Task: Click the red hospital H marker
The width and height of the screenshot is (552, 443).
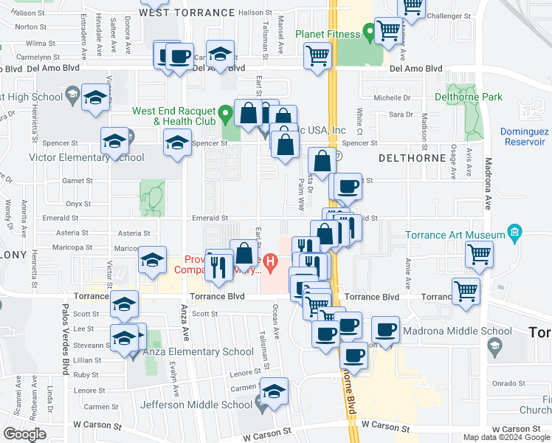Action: [x=271, y=261]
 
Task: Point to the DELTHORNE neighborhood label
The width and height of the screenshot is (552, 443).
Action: [x=410, y=158]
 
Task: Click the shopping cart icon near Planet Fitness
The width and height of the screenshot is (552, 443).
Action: [x=388, y=32]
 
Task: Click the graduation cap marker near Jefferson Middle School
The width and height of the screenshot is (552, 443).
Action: [x=275, y=392]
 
